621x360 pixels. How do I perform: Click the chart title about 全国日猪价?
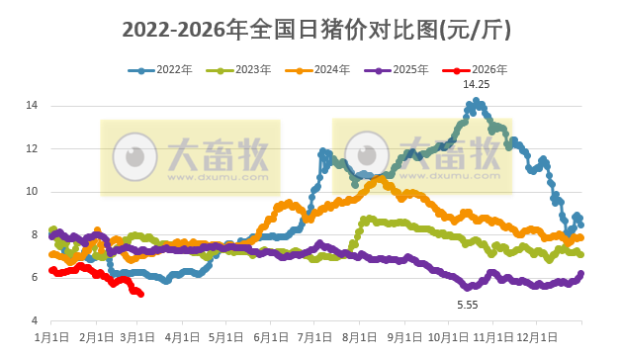[x=316, y=31]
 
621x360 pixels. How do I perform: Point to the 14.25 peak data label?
[x=477, y=85]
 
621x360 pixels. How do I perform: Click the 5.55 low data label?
[x=467, y=306]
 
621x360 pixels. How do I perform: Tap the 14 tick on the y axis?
[x=32, y=105]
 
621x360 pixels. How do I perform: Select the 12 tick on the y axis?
[x=32, y=148]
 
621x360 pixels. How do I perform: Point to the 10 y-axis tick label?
[x=32, y=191]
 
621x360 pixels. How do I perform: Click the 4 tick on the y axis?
[x=35, y=321]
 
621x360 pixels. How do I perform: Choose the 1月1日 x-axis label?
[x=51, y=338]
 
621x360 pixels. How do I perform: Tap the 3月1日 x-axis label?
[x=138, y=338]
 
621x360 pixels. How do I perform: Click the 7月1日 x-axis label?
[x=314, y=338]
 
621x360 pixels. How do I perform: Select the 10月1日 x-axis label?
[x=448, y=338]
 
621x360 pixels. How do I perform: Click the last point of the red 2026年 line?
[x=141, y=294]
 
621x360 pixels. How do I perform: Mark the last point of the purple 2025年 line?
[x=580, y=274]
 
